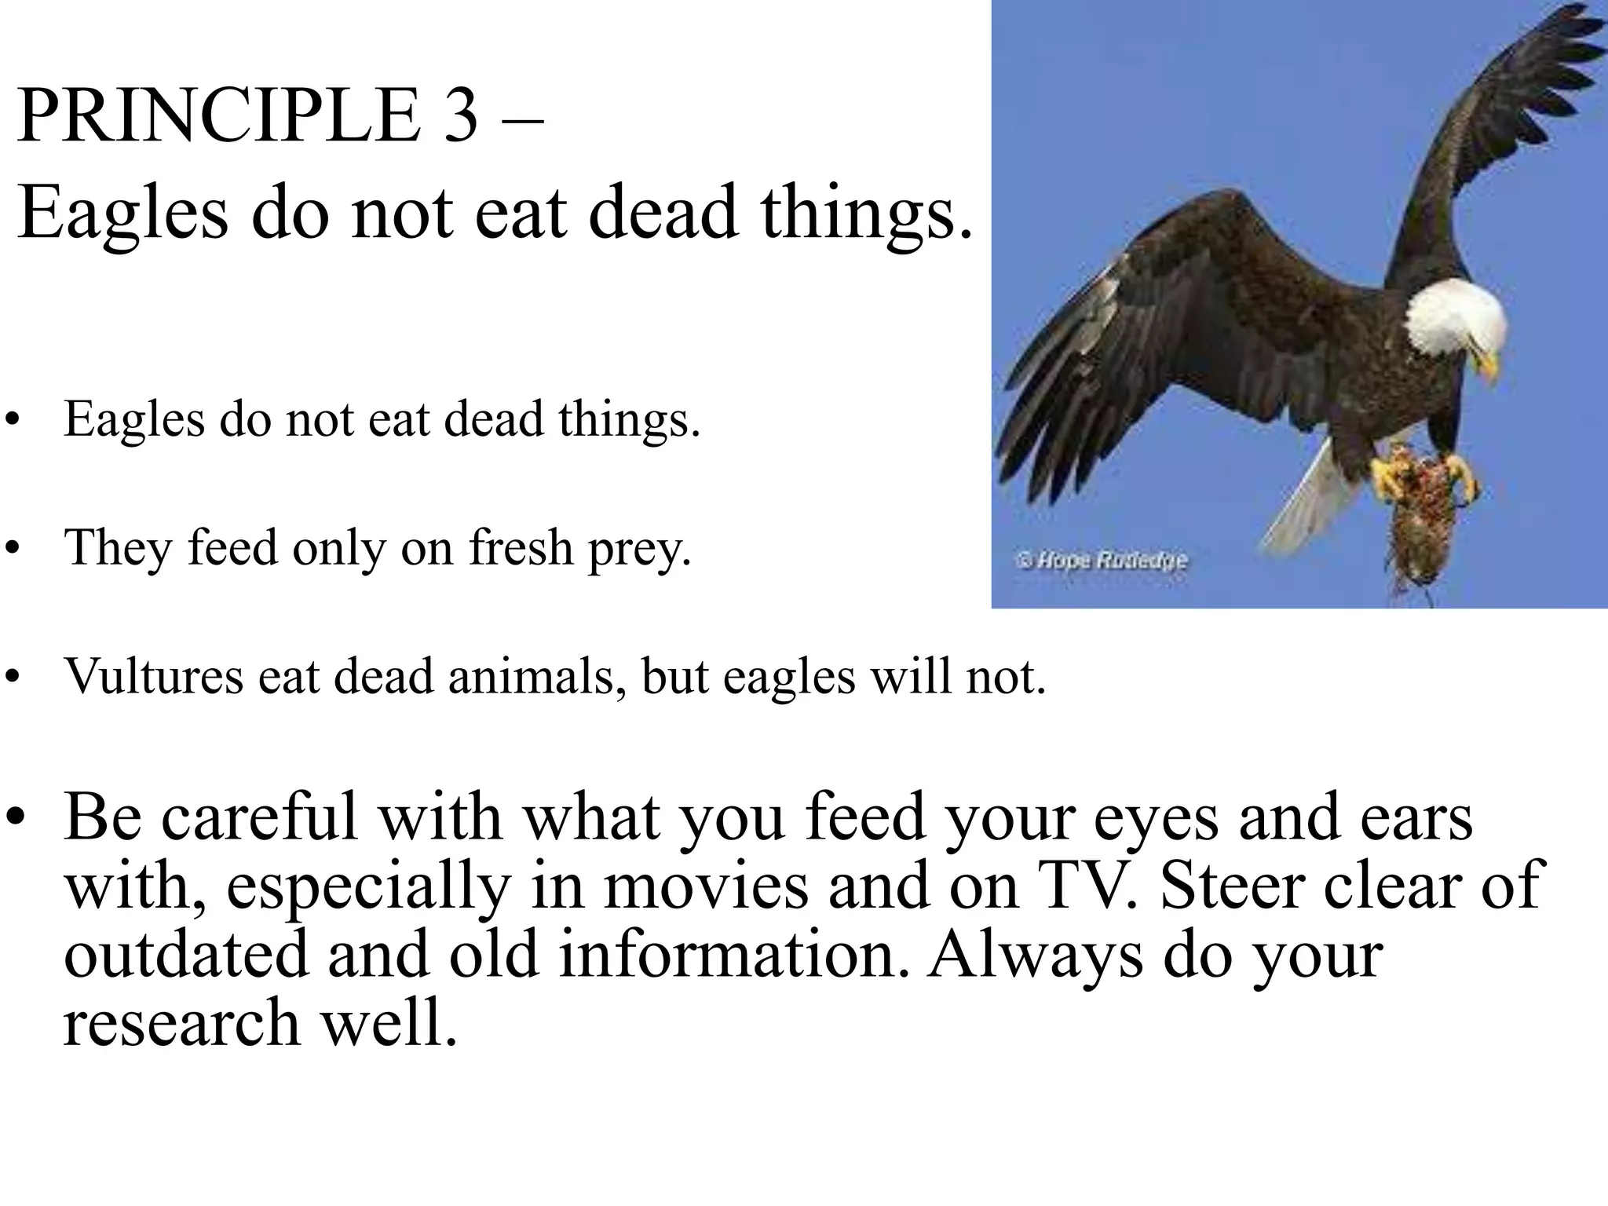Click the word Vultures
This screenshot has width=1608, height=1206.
[154, 675]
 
